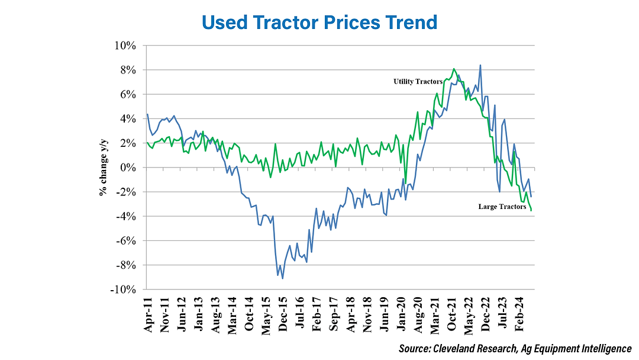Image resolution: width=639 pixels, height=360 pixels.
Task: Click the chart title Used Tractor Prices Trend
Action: tap(319, 22)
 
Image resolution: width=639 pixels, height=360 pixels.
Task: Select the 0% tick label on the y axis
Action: tap(130, 168)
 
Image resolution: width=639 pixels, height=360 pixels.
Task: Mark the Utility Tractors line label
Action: tap(418, 81)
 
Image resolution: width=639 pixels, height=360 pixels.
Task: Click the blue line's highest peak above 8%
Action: tap(480, 65)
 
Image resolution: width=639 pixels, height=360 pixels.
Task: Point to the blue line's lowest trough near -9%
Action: tap(283, 278)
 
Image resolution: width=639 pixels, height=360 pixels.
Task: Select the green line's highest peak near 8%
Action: tap(453, 69)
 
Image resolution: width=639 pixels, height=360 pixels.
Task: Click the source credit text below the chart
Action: tap(515, 349)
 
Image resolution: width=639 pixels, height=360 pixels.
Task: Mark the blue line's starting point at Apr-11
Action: tap(147, 114)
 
